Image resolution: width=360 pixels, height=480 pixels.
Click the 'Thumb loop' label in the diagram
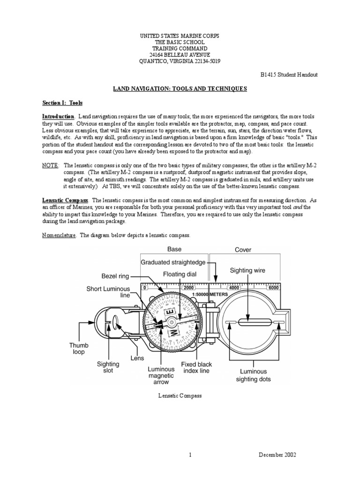click(79, 348)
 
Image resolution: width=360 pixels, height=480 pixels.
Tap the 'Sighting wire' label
click(247, 270)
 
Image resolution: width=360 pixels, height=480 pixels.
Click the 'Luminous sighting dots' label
click(253, 375)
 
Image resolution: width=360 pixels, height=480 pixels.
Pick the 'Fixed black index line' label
click(196, 367)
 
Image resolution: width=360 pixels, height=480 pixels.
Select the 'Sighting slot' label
click(108, 367)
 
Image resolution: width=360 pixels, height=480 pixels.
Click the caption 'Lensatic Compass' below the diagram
click(180, 396)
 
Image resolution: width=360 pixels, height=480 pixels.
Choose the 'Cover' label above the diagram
click(243, 250)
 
